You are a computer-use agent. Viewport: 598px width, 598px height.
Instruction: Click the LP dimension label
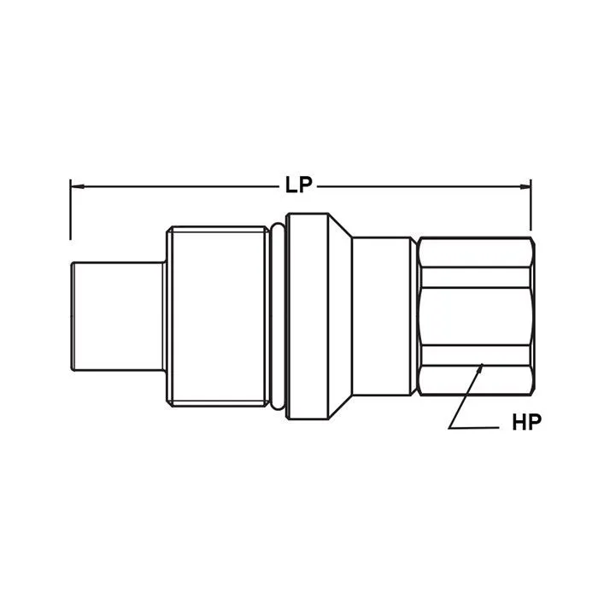(299, 185)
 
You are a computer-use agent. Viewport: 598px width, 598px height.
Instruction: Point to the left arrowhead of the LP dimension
(74, 185)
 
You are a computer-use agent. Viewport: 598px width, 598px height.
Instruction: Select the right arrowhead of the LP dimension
(526, 185)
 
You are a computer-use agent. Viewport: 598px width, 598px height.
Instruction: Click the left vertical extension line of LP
(70, 209)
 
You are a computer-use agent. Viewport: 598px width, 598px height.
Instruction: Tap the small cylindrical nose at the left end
(118, 316)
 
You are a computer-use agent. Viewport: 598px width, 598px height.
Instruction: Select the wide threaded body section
(218, 316)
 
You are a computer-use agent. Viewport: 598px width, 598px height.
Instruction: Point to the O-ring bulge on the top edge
(277, 227)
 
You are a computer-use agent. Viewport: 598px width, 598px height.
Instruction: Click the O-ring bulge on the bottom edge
(277, 405)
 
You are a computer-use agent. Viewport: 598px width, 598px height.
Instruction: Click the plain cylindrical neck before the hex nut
(384, 316)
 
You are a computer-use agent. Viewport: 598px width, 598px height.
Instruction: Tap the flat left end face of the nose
(71, 316)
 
